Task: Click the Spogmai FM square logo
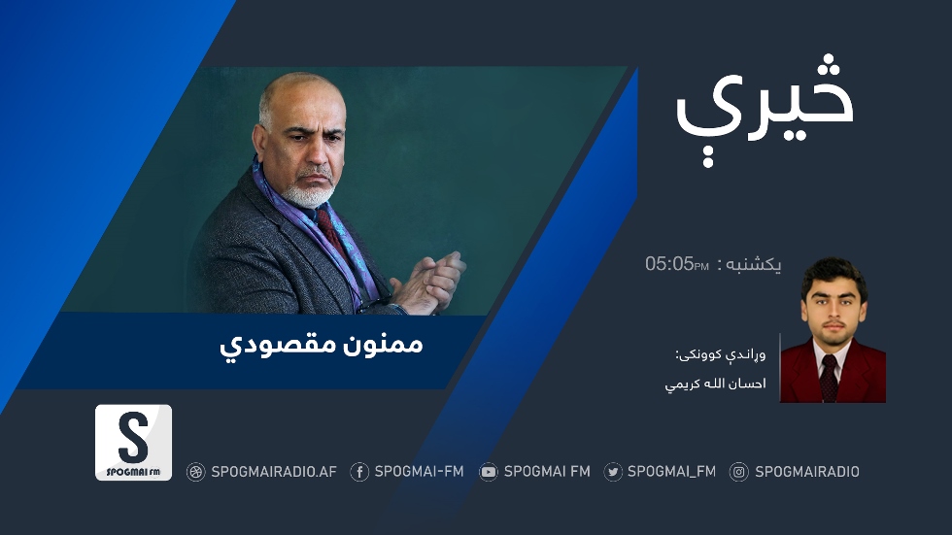pyautogui.click(x=134, y=442)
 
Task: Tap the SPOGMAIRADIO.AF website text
pyautogui.click(x=274, y=472)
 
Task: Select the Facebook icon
pyautogui.click(x=359, y=472)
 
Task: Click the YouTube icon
pyautogui.click(x=488, y=472)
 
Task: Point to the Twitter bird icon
pyautogui.click(x=613, y=472)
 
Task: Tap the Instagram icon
pyautogui.click(x=739, y=472)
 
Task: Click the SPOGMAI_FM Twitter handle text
pyautogui.click(x=671, y=471)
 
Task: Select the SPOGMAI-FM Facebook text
pyautogui.click(x=419, y=471)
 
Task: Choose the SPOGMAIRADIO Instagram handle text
pyautogui.click(x=807, y=472)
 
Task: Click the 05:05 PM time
pyautogui.click(x=677, y=264)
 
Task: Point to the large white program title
pyautogui.click(x=765, y=109)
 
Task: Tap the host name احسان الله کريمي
pyautogui.click(x=715, y=384)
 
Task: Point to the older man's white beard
pyautogui.click(x=309, y=193)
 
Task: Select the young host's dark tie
pyautogui.click(x=828, y=378)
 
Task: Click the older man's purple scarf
pyautogui.click(x=316, y=237)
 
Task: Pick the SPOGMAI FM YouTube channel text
pyautogui.click(x=547, y=471)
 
